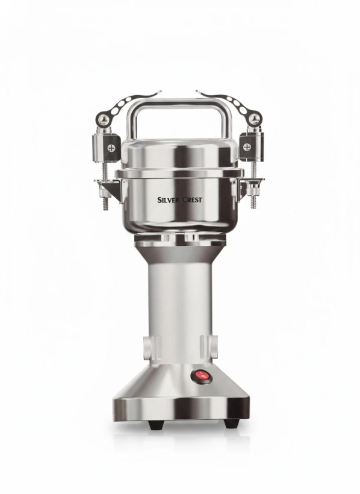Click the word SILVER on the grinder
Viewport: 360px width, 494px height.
(169, 200)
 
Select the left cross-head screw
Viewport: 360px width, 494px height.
(111, 148)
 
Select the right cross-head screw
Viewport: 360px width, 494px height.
(247, 147)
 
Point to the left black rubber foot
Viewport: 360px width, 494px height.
(155, 424)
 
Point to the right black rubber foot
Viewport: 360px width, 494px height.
(231, 423)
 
